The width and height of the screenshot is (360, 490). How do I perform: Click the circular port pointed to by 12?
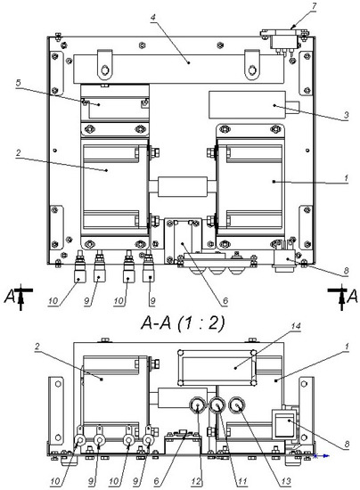[x=194, y=408]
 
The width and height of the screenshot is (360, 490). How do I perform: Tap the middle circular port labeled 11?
[x=216, y=408]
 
